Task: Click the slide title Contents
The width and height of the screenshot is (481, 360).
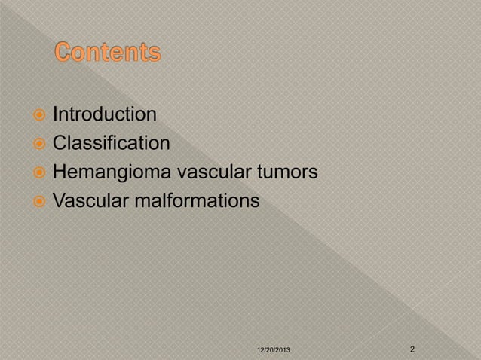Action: [x=108, y=54]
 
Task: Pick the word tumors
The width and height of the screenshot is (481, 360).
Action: [x=286, y=173]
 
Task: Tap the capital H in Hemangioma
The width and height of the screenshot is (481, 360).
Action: [x=59, y=173]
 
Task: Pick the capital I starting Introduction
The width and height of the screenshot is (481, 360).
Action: [x=54, y=115]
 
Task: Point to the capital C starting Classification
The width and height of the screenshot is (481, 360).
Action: [x=59, y=144]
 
